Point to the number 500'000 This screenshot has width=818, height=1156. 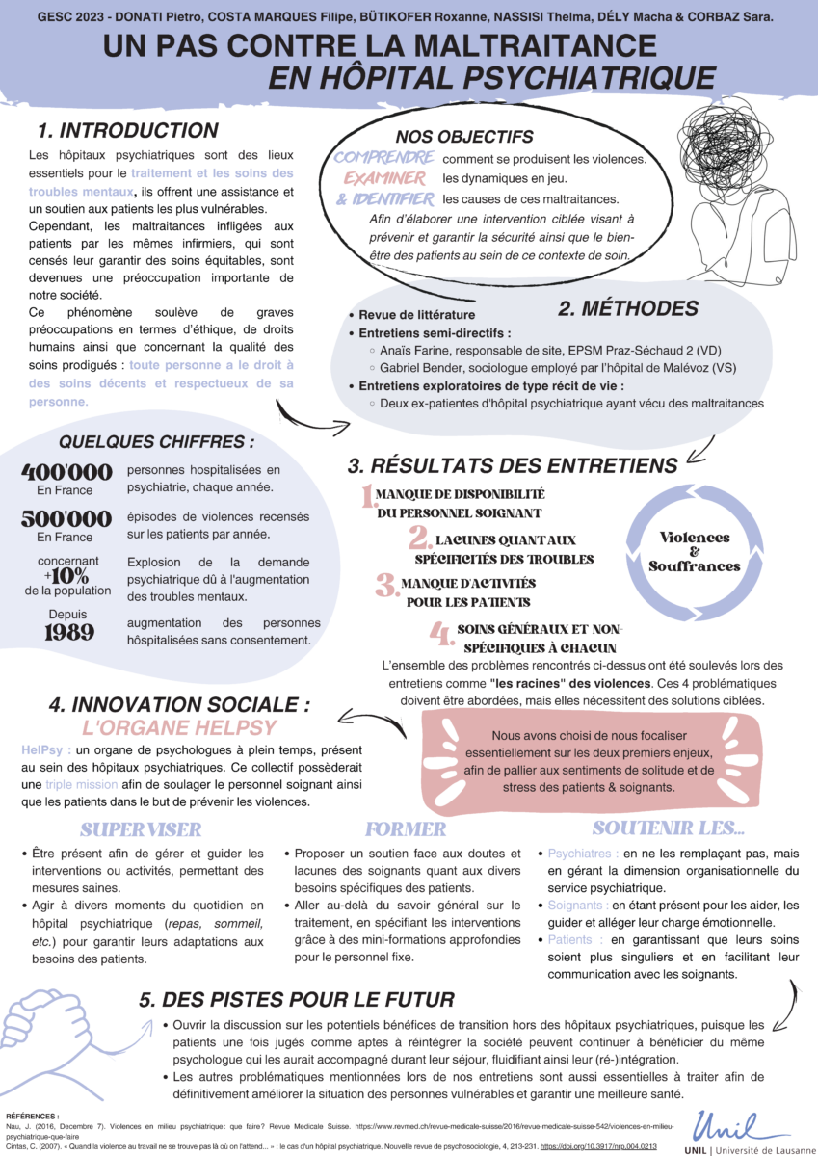(x=66, y=519)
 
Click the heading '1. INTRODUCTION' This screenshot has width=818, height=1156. (x=127, y=131)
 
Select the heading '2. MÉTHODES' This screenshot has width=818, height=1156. (x=628, y=309)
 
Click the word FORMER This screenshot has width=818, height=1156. (x=406, y=829)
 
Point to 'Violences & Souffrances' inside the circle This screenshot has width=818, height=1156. (x=694, y=552)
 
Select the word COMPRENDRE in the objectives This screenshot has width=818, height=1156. (x=383, y=157)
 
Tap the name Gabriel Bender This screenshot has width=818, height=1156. (x=427, y=368)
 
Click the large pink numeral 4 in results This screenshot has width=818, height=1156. (x=440, y=636)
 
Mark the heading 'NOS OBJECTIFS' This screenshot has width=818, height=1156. (x=463, y=138)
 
